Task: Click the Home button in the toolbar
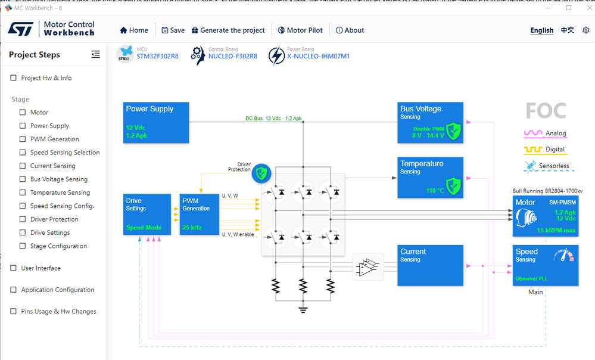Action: [134, 30]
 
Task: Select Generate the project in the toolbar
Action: [228, 30]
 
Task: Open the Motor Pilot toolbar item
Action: [299, 30]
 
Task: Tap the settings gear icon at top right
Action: [586, 30]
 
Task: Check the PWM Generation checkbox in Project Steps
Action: [23, 139]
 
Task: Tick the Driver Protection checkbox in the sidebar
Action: [23, 219]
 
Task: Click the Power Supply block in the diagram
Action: [157, 123]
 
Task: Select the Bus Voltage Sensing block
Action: [431, 123]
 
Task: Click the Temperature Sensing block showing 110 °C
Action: [431, 177]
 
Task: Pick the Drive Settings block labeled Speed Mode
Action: [147, 214]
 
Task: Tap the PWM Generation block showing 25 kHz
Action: [200, 214]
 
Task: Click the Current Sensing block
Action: [431, 265]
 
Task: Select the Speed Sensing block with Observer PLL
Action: [545, 265]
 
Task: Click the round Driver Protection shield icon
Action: [261, 174]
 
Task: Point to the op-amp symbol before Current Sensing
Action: [368, 266]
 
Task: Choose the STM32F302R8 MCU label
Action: [153, 57]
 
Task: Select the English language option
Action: [541, 30]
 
